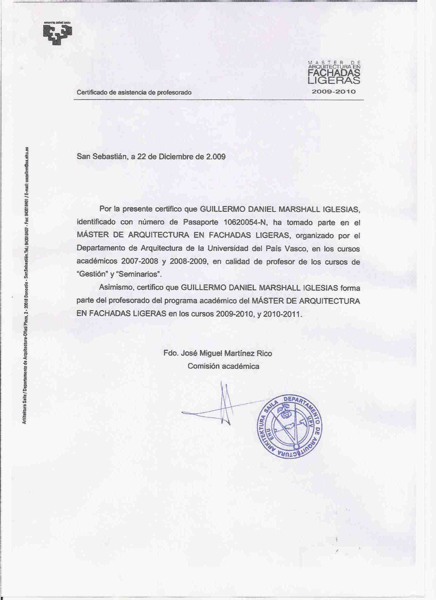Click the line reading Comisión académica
(x=223, y=366)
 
